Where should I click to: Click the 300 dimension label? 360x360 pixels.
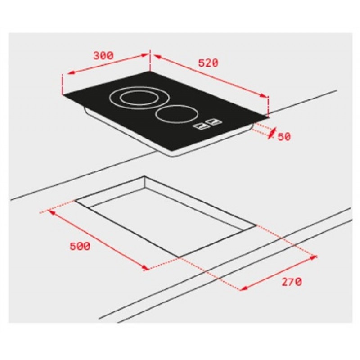point(103,56)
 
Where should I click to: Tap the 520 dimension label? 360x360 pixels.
point(208,63)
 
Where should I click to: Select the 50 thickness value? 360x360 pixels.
point(284,137)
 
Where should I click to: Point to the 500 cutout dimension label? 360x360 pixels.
point(80,246)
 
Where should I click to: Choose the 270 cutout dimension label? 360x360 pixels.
point(292,282)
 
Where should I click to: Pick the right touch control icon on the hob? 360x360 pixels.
point(214,122)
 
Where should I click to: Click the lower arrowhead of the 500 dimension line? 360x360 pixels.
point(145,269)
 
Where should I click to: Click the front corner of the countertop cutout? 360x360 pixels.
point(179,257)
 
